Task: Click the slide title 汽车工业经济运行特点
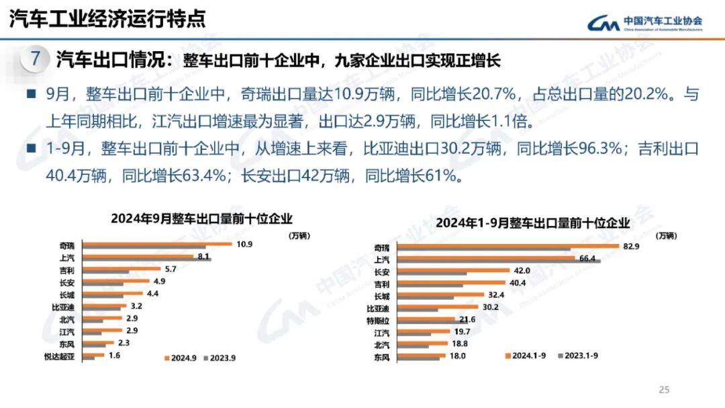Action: click(107, 18)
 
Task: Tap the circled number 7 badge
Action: click(34, 58)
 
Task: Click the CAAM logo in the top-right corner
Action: click(645, 24)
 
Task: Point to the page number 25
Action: click(665, 389)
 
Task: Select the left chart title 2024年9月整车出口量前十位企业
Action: click(201, 218)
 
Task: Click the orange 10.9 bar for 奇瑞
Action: click(154, 243)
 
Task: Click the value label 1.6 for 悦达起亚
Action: click(115, 355)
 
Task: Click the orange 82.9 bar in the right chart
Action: click(504, 246)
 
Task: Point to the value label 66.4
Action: click(588, 259)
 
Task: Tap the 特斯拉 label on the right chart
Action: click(380, 321)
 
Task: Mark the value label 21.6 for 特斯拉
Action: click(467, 319)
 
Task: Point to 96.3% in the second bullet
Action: click(600, 149)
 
